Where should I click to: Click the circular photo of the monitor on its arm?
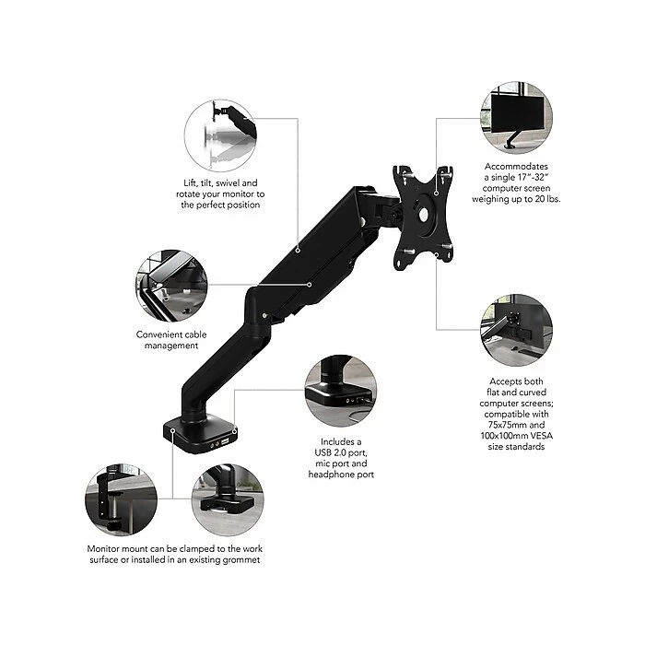[516, 118]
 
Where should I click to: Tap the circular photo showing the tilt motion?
[220, 135]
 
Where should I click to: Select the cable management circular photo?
[171, 286]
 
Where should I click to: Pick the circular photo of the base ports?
[341, 391]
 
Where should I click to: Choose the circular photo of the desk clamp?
[121, 499]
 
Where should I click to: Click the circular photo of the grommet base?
[228, 499]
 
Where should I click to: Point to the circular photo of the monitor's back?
[516, 330]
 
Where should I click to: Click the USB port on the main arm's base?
[225, 442]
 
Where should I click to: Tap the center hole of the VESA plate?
[423, 214]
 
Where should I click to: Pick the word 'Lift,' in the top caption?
[191, 183]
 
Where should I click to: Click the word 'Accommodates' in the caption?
[516, 166]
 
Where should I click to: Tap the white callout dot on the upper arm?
[298, 250]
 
